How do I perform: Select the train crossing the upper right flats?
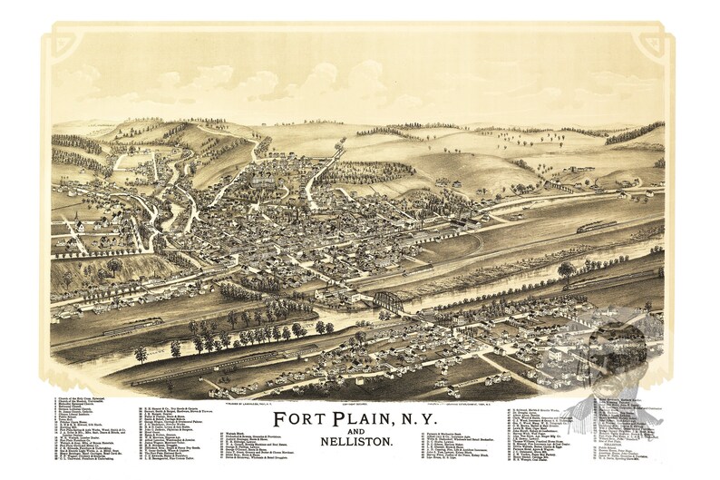coord(597,225)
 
